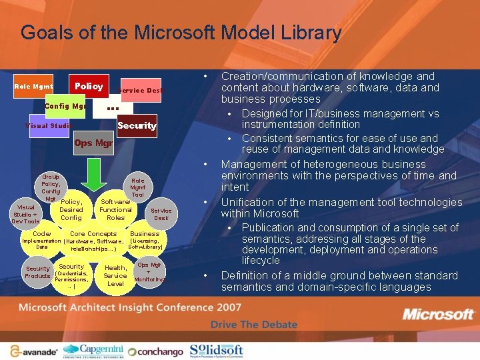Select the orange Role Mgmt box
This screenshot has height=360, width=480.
34,87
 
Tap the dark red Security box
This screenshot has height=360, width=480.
137,125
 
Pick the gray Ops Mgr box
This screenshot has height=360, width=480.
93,143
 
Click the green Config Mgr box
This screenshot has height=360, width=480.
65,107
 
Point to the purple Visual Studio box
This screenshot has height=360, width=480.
48,126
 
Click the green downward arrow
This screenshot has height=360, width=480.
94,175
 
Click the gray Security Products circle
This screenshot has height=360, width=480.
38,272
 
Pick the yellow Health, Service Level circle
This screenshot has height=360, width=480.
115,275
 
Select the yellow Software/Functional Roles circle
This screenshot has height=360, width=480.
115,209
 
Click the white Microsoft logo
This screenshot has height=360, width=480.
438,314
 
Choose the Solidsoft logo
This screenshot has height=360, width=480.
217,350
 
